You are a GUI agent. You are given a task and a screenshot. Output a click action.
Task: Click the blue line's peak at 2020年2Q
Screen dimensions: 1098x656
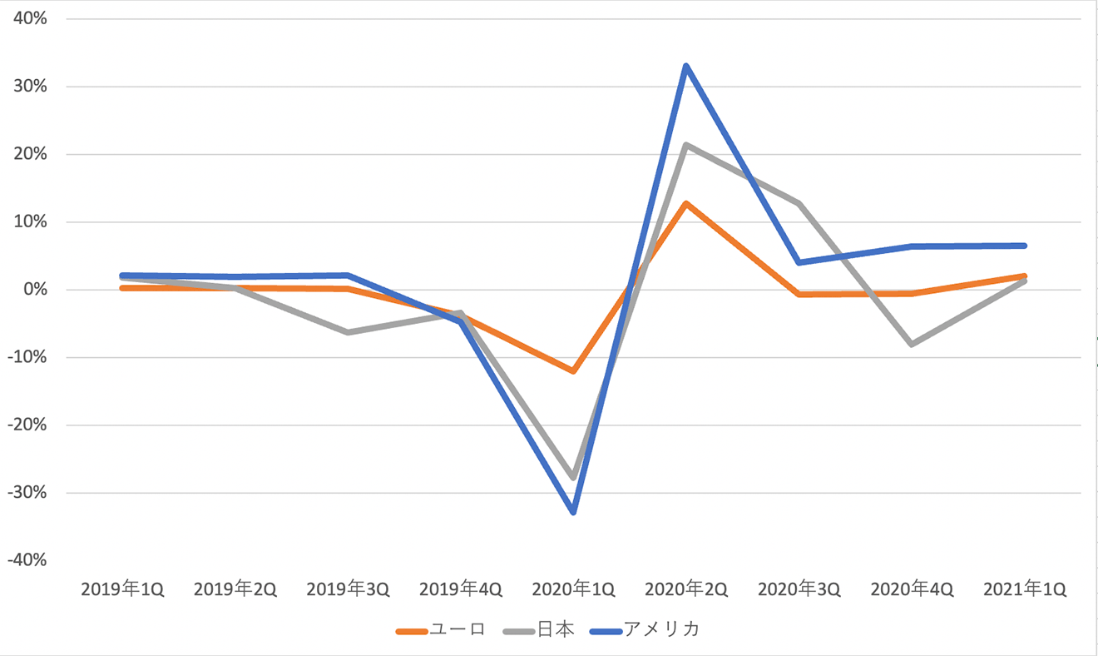686,66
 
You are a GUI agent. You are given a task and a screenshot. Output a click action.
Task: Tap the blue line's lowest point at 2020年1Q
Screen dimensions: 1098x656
573,512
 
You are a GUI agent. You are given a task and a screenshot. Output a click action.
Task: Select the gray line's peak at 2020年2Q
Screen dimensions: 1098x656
686,145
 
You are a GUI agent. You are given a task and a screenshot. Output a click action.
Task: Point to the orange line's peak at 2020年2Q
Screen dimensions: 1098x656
686,203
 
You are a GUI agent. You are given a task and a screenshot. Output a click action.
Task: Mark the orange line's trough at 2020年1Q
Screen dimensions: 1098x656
573,371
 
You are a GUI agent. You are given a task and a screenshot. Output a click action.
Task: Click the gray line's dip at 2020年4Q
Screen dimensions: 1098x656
912,344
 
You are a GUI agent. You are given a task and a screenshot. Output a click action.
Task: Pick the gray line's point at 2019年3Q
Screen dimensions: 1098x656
348,332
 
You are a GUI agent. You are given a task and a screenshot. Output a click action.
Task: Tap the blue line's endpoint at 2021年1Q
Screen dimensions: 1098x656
1025,246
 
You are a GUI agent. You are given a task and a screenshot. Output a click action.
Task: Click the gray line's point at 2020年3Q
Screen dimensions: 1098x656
799,203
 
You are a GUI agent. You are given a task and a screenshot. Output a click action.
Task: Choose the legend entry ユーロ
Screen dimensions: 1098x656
440,629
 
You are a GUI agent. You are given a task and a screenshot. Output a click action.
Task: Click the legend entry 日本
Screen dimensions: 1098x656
538,629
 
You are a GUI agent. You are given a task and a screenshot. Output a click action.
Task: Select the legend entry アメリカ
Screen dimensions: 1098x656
645,629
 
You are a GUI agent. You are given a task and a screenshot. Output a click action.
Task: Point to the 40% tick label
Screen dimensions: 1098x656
30,18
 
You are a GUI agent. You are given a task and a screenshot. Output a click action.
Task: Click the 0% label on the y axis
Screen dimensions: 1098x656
35,290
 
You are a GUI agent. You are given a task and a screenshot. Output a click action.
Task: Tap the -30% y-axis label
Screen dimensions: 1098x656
27,493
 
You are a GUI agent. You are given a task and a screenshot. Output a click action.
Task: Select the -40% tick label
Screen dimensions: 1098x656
27,559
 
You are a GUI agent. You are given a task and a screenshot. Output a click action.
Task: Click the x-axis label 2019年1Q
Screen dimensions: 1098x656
122,589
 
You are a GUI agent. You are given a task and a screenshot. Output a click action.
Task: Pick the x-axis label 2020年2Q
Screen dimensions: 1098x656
686,589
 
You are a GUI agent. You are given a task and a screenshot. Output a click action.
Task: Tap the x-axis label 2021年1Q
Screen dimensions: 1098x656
1025,589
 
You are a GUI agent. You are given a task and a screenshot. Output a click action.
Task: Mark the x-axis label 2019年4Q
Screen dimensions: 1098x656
461,589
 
